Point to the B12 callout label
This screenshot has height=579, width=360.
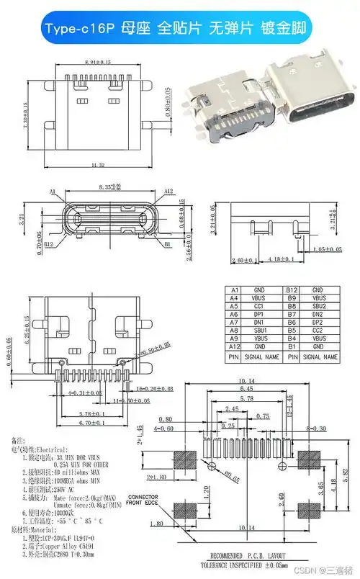point(50,245)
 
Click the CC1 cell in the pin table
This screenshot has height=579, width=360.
point(258,305)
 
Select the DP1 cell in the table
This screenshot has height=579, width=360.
point(258,314)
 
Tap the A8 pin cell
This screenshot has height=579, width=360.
point(234,331)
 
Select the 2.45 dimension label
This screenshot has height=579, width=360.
point(232,409)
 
